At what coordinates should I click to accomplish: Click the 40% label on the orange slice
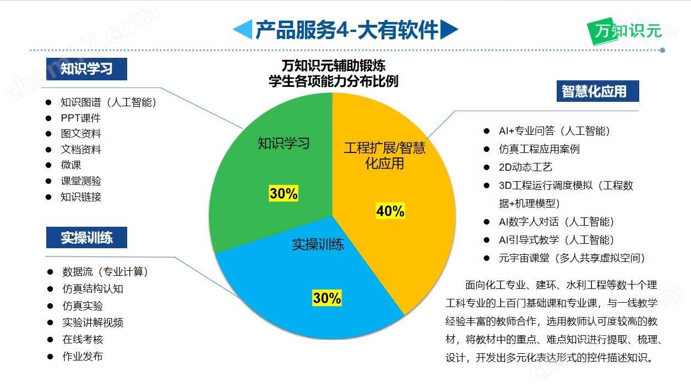390,211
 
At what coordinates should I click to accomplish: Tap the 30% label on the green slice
284,193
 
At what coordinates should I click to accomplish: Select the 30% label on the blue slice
327,298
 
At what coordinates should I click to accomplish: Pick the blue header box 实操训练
86,238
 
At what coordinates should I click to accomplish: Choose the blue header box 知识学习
86,69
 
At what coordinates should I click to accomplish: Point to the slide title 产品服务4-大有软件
346,30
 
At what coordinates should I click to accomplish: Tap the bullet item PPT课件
81,118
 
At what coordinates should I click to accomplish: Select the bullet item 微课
71,165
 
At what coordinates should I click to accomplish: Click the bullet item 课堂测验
81,181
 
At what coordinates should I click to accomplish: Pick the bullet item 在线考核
83,340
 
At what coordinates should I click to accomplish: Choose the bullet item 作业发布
83,356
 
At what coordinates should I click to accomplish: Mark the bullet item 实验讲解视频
93,323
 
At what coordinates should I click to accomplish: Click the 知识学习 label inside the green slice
284,144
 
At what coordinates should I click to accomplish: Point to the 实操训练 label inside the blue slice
318,244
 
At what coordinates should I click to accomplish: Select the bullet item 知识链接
81,197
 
